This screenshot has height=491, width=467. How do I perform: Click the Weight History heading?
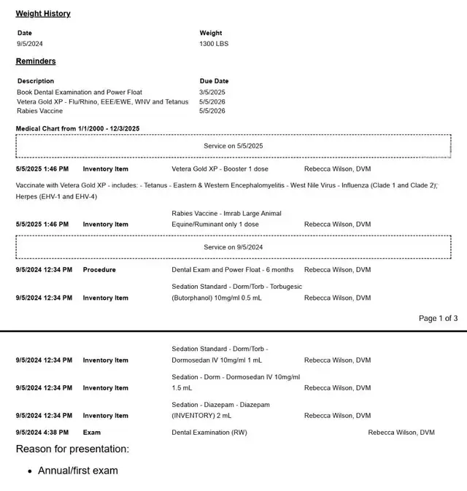tap(43, 14)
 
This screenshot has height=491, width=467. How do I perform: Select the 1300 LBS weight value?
tap(214, 44)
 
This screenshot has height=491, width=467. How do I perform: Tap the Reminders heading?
tap(36, 61)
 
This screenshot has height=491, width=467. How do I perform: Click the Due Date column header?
tap(214, 81)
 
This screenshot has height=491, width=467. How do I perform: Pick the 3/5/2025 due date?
tap(212, 93)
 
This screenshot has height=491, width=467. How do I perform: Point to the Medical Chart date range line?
tap(77, 128)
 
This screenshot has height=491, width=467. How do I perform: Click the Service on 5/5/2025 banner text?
tap(233, 146)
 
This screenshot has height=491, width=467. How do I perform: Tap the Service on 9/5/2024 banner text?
tap(233, 247)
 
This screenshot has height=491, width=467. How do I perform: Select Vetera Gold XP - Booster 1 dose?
tap(220, 169)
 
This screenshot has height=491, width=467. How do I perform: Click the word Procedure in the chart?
tap(99, 270)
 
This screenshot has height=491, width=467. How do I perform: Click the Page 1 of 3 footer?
tap(438, 318)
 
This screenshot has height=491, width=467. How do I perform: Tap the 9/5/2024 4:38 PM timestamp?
tap(42, 433)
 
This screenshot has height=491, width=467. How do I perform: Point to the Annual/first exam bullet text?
tap(77, 471)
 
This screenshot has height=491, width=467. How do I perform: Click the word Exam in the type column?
tap(92, 433)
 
